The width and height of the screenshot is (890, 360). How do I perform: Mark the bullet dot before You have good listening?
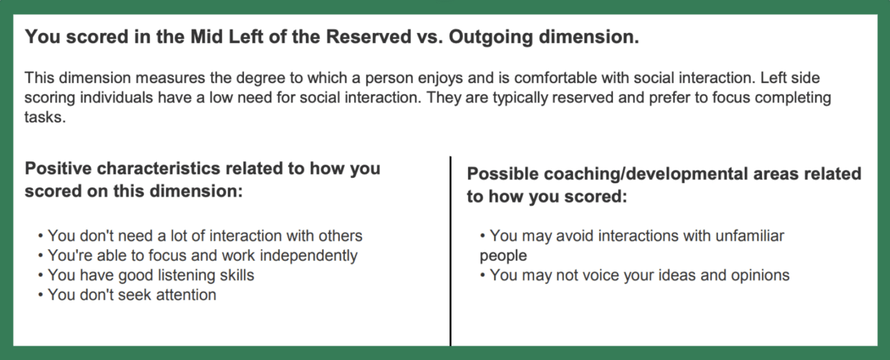[x=41, y=275]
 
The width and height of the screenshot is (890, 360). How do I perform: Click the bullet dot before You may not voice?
[x=483, y=275]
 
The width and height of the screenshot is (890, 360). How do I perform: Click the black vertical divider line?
[x=450, y=249]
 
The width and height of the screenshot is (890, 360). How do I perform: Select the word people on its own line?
[x=503, y=256]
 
